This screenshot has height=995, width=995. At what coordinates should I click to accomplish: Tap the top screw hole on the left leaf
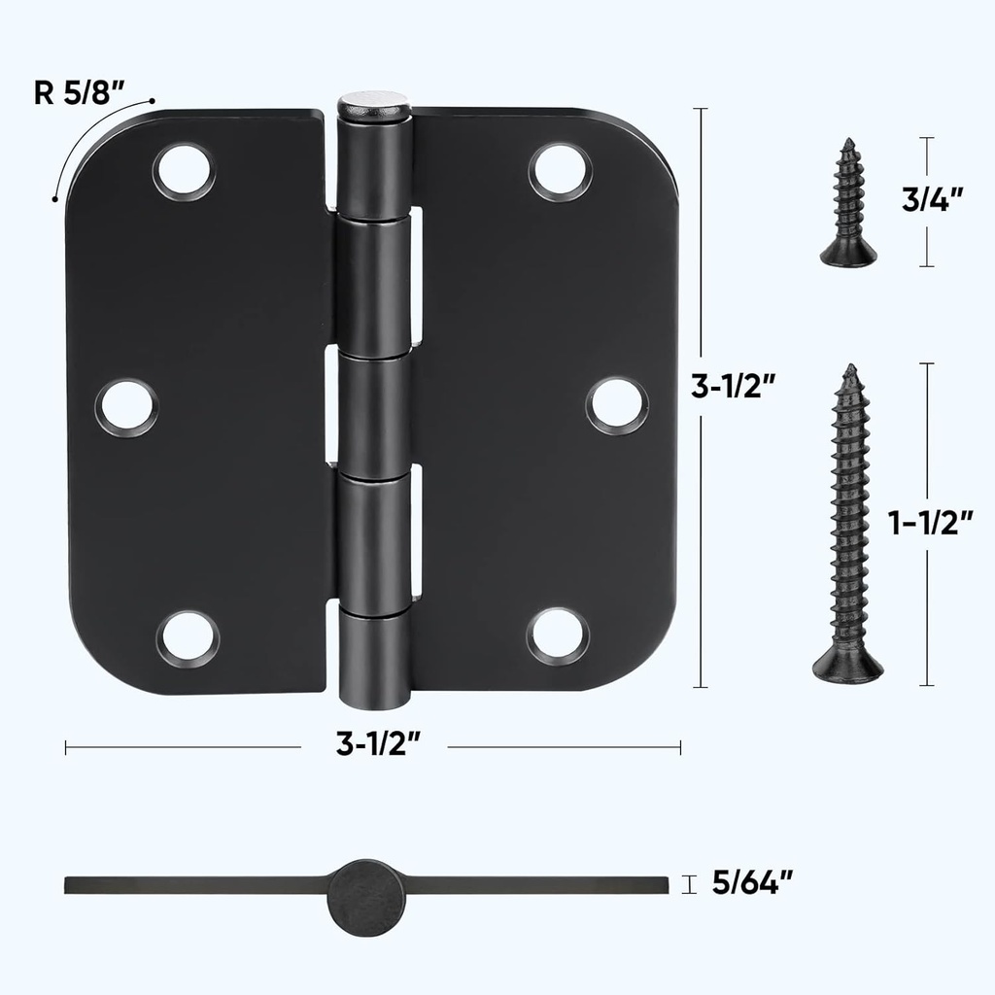coord(183,171)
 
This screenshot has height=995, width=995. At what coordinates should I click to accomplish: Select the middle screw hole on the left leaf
coord(126,406)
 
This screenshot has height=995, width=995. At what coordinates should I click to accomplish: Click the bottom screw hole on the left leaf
coord(188,638)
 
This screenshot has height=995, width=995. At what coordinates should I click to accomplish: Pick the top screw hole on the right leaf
coord(560,171)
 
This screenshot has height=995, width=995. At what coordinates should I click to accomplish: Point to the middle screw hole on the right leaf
coord(617,404)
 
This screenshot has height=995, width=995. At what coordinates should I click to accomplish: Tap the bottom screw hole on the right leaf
coord(558,635)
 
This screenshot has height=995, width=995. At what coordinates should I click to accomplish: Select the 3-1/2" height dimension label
coord(733,386)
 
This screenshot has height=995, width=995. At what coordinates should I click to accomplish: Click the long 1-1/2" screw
coord(848,525)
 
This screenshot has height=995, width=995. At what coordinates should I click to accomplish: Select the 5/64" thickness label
coord(752,882)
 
